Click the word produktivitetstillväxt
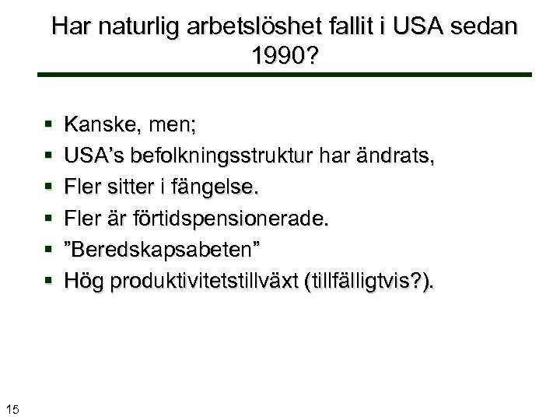point(209,281)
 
